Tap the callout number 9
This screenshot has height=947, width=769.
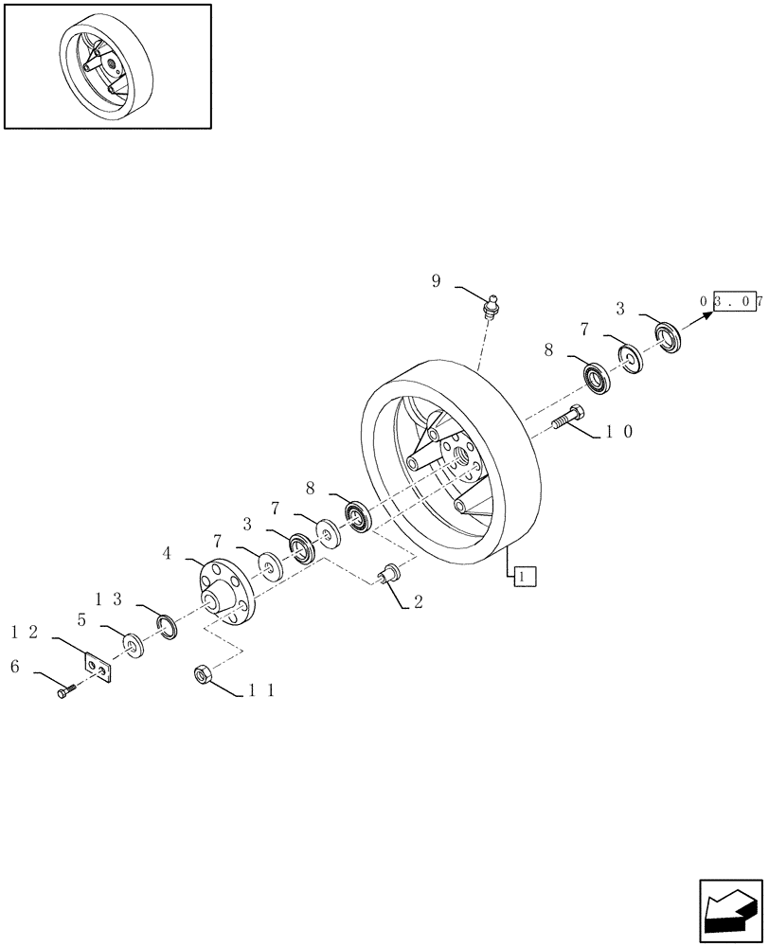pyautogui.click(x=437, y=281)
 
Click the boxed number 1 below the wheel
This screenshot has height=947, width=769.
pyautogui.click(x=526, y=573)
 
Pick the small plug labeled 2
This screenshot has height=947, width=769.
pyautogui.click(x=388, y=574)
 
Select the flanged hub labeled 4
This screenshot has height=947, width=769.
pyautogui.click(x=223, y=593)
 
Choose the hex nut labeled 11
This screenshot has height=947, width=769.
pyautogui.click(x=202, y=674)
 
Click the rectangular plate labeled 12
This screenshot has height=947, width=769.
pyautogui.click(x=97, y=667)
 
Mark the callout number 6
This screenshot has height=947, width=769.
pyautogui.click(x=14, y=667)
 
